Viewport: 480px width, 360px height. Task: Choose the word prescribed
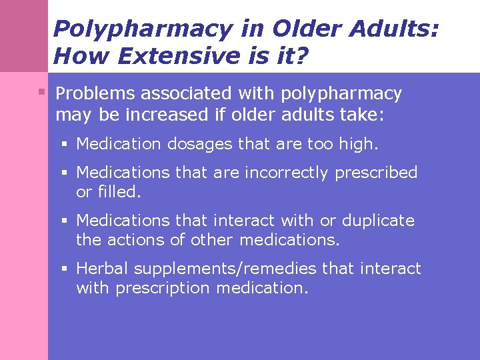[376, 173]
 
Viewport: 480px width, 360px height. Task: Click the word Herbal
[103, 269]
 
